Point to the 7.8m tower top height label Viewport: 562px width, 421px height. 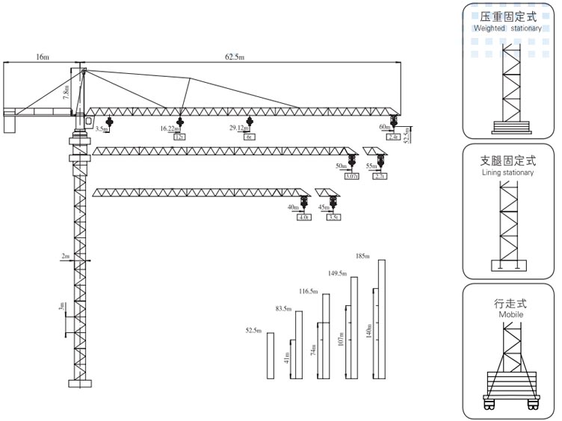pyautogui.click(x=67, y=93)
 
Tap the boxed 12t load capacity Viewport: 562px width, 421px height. pyautogui.click(x=179, y=137)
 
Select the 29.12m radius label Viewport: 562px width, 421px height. pyautogui.click(x=238, y=128)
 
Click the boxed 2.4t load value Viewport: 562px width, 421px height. pyautogui.click(x=393, y=137)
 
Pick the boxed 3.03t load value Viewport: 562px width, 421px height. pyautogui.click(x=351, y=176)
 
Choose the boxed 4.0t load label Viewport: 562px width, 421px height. pyautogui.click(x=303, y=217)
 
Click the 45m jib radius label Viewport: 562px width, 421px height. pyautogui.click(x=324, y=207)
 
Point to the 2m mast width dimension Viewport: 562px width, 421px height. pyautogui.click(x=66, y=256)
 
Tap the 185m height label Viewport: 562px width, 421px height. pyautogui.click(x=364, y=256)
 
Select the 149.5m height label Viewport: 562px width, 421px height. pyautogui.click(x=339, y=273)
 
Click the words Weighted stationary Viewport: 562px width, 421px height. pyautogui.click(x=507, y=28)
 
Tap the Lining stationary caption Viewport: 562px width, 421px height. pyautogui.click(x=507, y=172)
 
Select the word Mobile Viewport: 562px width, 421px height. pyautogui.click(x=510, y=315)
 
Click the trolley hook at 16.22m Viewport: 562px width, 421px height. pyautogui.click(x=179, y=121)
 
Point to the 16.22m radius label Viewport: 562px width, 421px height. pyautogui.click(x=170, y=128)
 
